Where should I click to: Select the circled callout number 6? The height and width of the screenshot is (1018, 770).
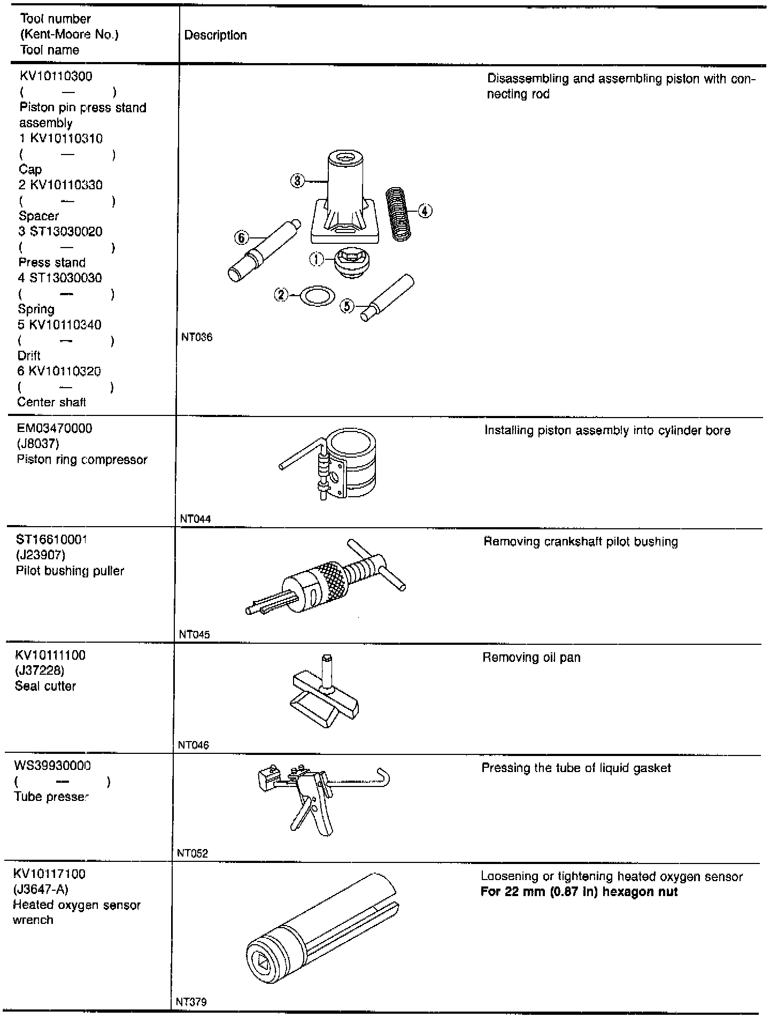242,237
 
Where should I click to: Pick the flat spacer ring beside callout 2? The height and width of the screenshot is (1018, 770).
318,295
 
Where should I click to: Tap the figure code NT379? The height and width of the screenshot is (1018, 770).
191,1002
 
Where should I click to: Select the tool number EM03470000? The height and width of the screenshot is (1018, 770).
54,429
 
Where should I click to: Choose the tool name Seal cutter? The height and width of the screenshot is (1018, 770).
45,686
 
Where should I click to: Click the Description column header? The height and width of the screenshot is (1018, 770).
215,36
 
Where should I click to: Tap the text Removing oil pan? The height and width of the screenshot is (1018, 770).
531,658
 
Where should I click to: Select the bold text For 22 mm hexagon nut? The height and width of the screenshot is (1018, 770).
579,892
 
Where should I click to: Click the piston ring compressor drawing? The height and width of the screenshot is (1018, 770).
348,460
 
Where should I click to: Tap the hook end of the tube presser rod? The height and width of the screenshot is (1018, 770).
383,775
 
